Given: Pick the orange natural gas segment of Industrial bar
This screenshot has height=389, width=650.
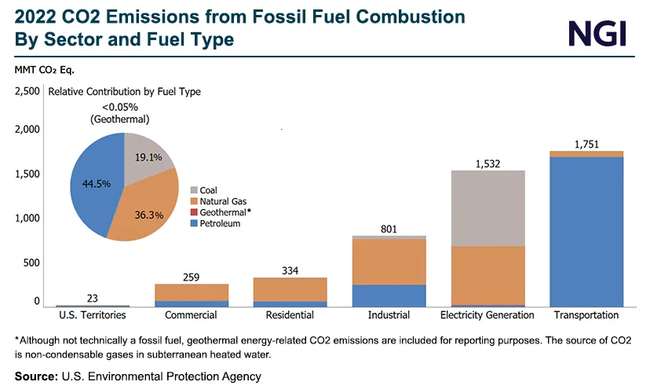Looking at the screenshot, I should [389, 262].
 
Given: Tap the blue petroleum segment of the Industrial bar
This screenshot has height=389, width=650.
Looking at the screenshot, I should [389, 295].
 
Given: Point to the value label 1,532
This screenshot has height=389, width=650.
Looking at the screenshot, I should [487, 163].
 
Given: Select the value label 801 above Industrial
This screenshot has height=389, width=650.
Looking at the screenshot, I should [389, 229].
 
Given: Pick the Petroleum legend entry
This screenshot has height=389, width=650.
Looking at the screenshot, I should [220, 224].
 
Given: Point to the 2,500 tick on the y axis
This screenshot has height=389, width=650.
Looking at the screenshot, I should [27, 92].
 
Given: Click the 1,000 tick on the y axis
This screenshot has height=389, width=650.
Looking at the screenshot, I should [27, 218].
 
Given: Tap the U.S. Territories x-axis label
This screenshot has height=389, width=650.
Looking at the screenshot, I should [93, 315].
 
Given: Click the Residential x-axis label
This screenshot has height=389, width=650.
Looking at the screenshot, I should [290, 315].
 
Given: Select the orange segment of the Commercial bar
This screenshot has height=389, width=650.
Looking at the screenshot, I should [192, 292].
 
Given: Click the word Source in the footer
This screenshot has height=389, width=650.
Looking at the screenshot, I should [35, 376].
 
